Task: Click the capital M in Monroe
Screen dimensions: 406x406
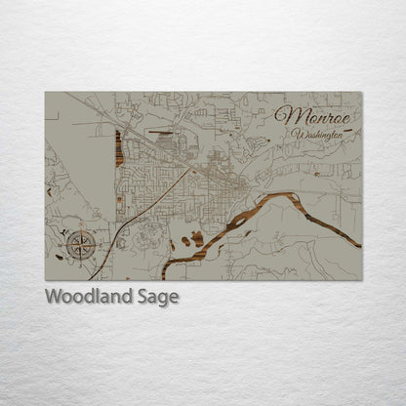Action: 287,115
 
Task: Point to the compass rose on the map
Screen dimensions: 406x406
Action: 77,238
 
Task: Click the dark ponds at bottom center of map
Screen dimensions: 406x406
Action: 194,239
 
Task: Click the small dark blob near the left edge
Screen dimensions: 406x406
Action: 60,258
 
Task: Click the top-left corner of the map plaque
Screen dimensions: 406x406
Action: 46,93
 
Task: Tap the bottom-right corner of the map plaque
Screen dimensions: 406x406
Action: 361,280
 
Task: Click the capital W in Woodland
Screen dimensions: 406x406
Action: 55,297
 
